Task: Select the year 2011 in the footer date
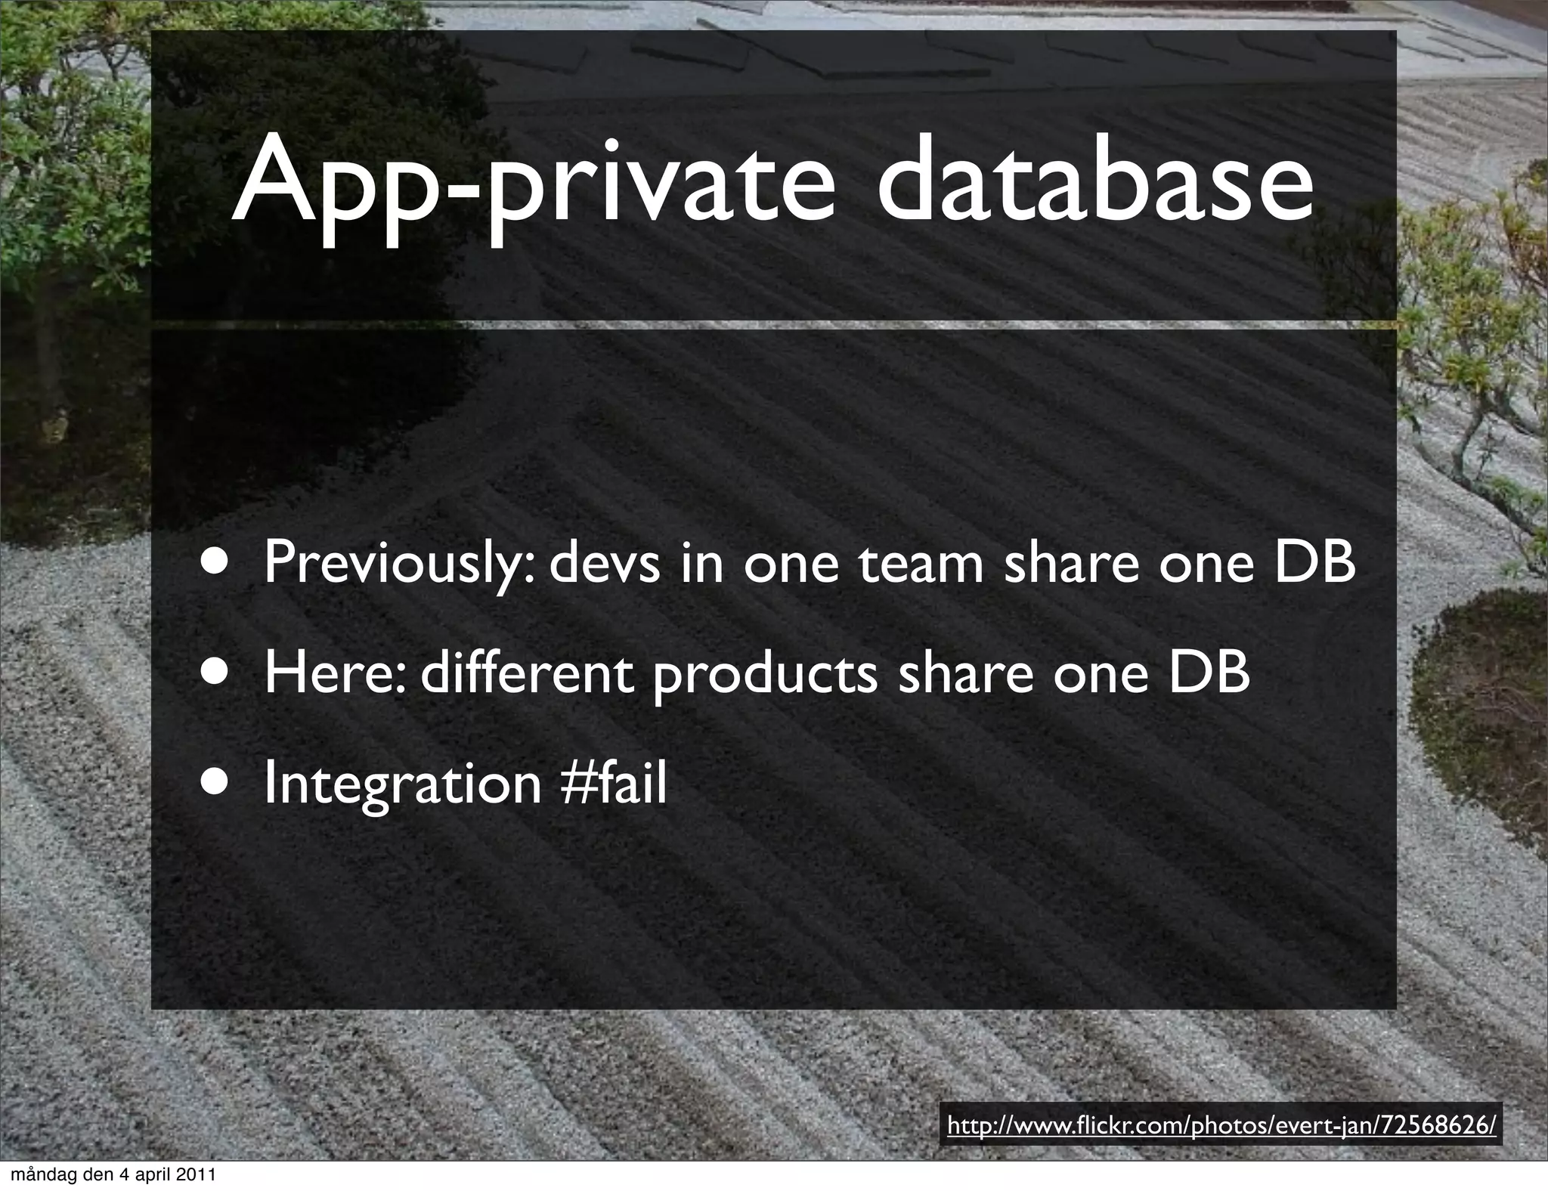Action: pyautogui.click(x=197, y=1175)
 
